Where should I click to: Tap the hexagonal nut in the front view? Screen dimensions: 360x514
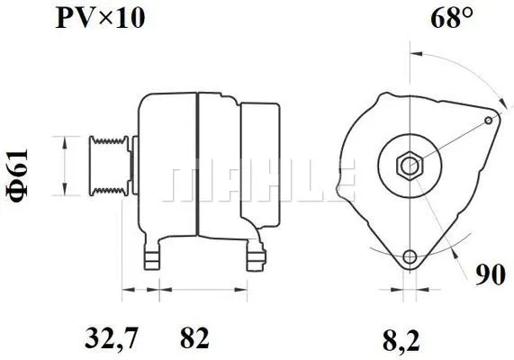tap(410, 166)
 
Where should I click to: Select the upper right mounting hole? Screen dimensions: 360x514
tap(489, 118)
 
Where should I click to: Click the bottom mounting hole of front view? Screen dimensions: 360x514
tap(410, 257)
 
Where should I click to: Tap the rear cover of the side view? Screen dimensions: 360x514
tap(257, 166)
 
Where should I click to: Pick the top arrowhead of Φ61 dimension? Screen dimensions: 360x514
tap(64, 139)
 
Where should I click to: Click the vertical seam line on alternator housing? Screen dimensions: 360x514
tap(196, 166)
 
